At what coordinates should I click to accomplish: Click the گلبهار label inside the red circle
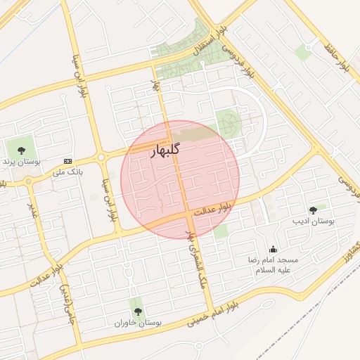[x=166, y=150]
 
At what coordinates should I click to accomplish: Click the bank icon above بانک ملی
[x=67, y=160]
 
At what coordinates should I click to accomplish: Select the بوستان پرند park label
[x=18, y=162]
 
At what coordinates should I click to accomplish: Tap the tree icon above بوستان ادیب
[x=313, y=210]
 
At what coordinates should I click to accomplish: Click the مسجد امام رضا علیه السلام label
[x=273, y=264]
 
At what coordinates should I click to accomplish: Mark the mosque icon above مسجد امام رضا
[x=273, y=249]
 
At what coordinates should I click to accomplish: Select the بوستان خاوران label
[x=139, y=323]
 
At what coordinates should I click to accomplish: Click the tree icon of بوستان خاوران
[x=136, y=311]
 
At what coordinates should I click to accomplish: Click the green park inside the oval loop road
[x=228, y=123]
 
